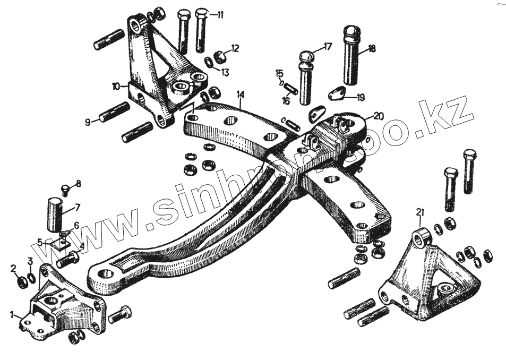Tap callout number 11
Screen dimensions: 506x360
point(220,15)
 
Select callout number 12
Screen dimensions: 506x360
point(235,48)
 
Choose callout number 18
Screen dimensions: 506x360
point(371,48)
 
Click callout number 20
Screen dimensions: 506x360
point(378,115)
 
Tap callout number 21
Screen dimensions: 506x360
point(420,213)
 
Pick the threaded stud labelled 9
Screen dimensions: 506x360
point(114,112)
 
